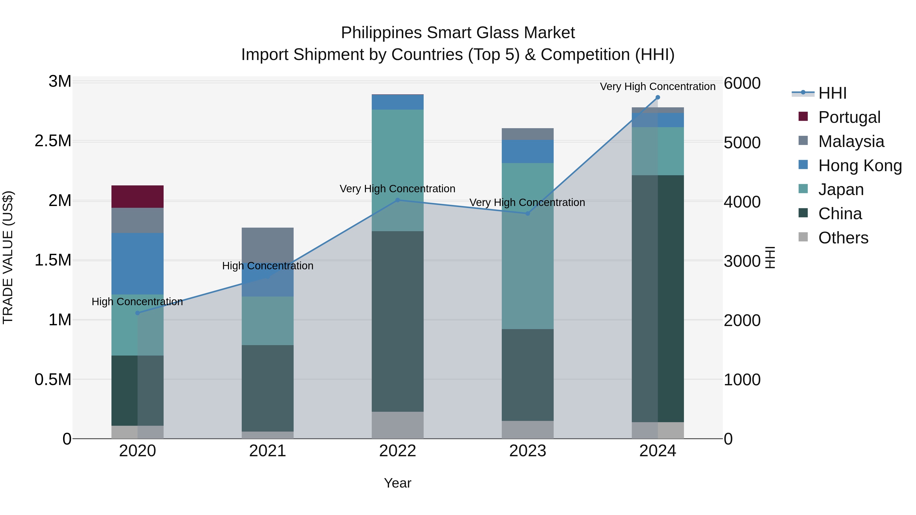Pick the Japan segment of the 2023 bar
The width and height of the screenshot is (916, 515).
[x=527, y=246]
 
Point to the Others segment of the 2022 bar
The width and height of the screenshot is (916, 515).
[x=397, y=425]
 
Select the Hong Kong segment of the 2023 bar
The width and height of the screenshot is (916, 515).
[x=527, y=151]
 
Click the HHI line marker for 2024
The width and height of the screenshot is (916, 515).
[x=657, y=97]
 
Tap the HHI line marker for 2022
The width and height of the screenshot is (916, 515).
[x=397, y=200]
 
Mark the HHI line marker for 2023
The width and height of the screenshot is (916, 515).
[x=528, y=214]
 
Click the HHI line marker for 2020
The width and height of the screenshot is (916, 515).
[x=138, y=313]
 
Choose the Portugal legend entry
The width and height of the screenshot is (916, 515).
[x=849, y=117]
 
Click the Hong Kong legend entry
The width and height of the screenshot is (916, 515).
[x=860, y=166]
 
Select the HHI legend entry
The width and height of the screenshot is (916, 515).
[x=832, y=93]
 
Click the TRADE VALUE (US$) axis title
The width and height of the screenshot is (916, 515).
[x=8, y=258]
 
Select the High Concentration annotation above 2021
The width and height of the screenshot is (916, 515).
[x=267, y=266]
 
